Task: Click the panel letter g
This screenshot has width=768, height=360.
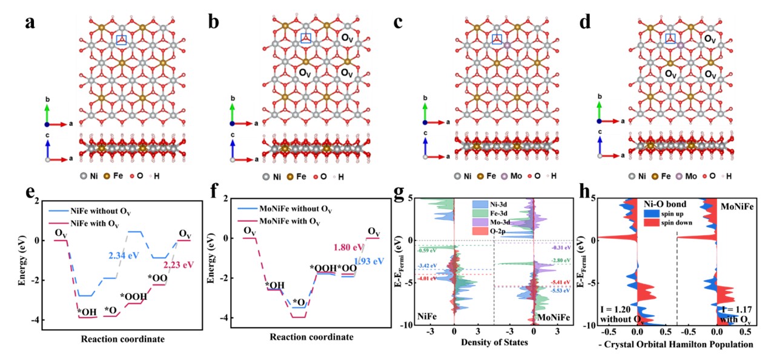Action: tap(399, 194)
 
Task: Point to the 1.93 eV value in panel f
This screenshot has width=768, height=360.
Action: tap(370, 262)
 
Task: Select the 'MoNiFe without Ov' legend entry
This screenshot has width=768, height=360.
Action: tap(286, 210)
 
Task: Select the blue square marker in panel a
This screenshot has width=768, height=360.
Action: tap(121, 39)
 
